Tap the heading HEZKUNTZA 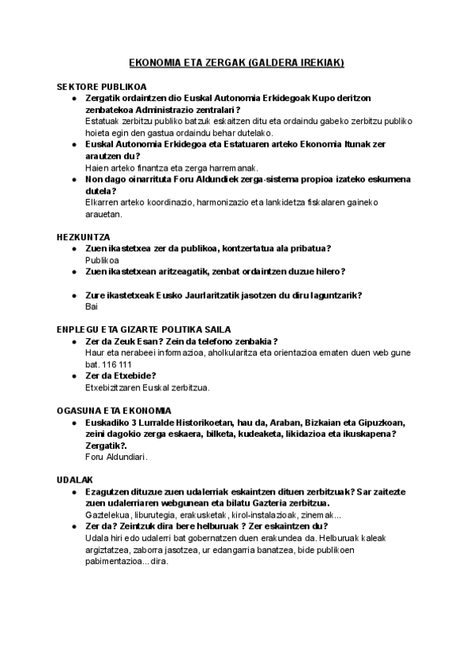pos(83,237)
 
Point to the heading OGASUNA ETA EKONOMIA pos(114,411)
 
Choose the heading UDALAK pos(75,480)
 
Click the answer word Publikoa pos(102,259)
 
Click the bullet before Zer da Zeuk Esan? pos(73,341)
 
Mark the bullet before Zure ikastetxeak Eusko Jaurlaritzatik pos(73,295)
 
